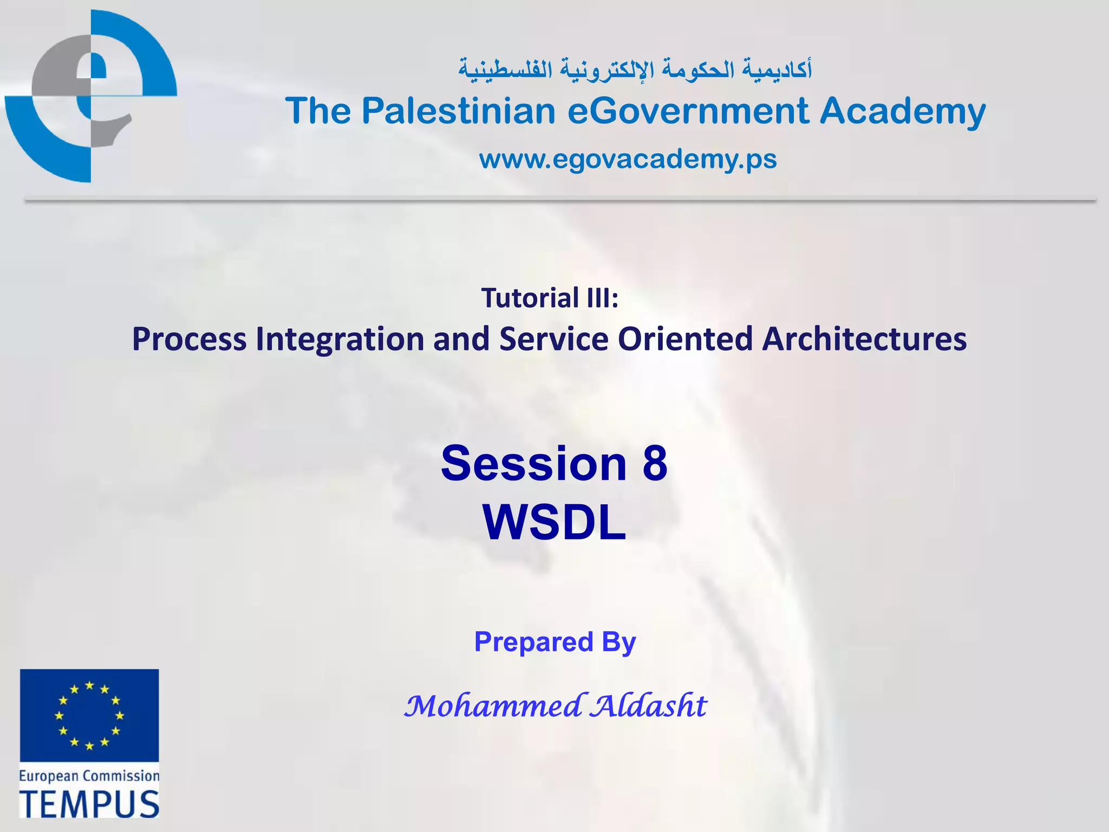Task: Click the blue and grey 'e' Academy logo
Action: tap(91, 96)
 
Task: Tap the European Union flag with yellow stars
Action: tap(89, 715)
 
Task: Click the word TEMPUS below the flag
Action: tap(89, 804)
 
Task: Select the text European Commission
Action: tap(89, 776)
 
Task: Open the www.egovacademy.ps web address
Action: tap(628, 159)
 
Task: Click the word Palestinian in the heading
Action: tap(459, 111)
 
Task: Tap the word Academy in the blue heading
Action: tap(903, 111)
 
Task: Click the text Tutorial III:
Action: tap(550, 298)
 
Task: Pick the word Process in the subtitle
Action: tap(190, 340)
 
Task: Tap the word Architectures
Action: tap(864, 340)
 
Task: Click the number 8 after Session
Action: tap(655, 464)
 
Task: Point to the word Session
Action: tap(533, 464)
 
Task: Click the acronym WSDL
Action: tap(554, 523)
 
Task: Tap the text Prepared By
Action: tap(554, 642)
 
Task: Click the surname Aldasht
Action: tap(648, 706)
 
